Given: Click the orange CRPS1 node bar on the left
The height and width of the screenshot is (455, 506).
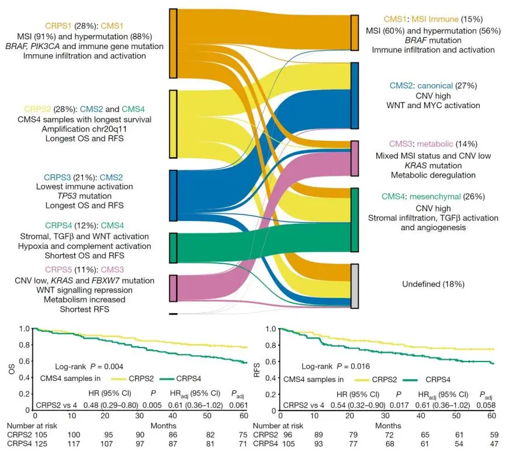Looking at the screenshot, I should (173, 43).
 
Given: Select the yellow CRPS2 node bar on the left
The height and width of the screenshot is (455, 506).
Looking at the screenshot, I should (173, 123).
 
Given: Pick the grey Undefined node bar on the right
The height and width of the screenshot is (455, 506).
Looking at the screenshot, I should (354, 286).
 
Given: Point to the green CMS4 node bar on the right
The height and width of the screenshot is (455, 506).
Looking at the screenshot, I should (354, 219).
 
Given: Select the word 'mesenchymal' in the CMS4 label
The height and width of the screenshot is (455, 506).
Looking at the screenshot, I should (434, 197).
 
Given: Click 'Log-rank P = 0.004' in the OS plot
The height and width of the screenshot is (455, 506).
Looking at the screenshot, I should (88, 366).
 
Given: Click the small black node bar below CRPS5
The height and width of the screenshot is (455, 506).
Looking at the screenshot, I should (173, 314).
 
